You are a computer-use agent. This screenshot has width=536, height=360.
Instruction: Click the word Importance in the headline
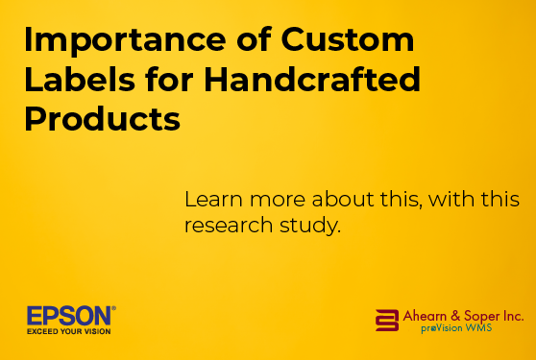tap(125, 40)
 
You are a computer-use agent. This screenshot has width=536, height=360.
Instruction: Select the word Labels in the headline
tap(80, 79)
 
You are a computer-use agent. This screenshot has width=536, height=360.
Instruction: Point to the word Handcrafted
tap(312, 79)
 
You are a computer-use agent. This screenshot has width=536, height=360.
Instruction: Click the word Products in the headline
tap(102, 118)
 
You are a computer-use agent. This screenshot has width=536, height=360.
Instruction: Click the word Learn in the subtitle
tap(213, 199)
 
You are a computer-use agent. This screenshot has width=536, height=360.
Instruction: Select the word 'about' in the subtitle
tap(343, 199)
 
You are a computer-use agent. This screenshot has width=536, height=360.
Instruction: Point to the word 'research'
tap(229, 225)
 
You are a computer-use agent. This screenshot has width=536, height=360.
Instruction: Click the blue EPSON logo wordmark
tap(69, 316)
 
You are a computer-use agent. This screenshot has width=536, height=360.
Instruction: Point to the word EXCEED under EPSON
tap(42, 331)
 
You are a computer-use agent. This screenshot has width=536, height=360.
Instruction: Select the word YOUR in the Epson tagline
tap(70, 331)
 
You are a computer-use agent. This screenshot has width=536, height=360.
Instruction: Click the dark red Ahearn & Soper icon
tap(387, 321)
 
